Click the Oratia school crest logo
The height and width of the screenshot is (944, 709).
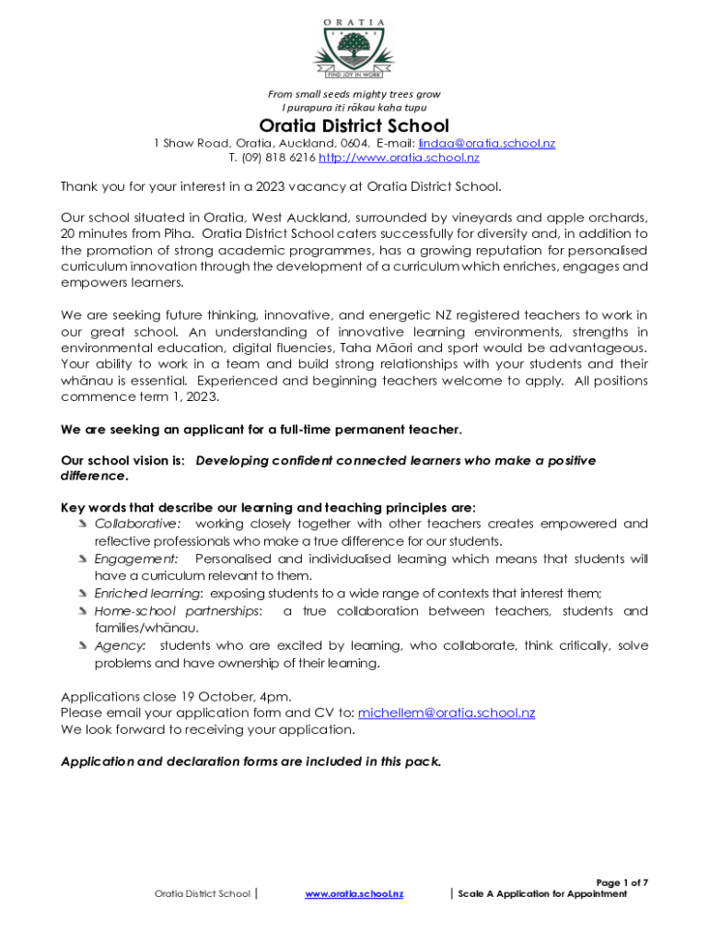click(x=354, y=51)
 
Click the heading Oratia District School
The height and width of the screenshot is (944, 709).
click(x=354, y=125)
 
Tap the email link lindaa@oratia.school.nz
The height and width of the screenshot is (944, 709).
click(x=486, y=144)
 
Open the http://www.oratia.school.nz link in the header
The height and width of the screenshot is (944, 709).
click(x=399, y=158)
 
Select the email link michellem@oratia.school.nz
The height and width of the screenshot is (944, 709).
click(x=446, y=713)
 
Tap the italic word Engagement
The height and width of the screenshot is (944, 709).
click(x=136, y=559)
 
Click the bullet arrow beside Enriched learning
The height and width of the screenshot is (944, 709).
click(x=84, y=594)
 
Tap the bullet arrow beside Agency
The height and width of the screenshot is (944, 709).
click(x=84, y=646)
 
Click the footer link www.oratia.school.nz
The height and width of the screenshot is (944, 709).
click(x=354, y=894)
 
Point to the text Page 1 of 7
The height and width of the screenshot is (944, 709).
click(x=622, y=883)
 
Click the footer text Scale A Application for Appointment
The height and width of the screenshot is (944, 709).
click(x=542, y=894)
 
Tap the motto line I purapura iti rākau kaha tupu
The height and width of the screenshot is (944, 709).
click(x=354, y=108)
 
